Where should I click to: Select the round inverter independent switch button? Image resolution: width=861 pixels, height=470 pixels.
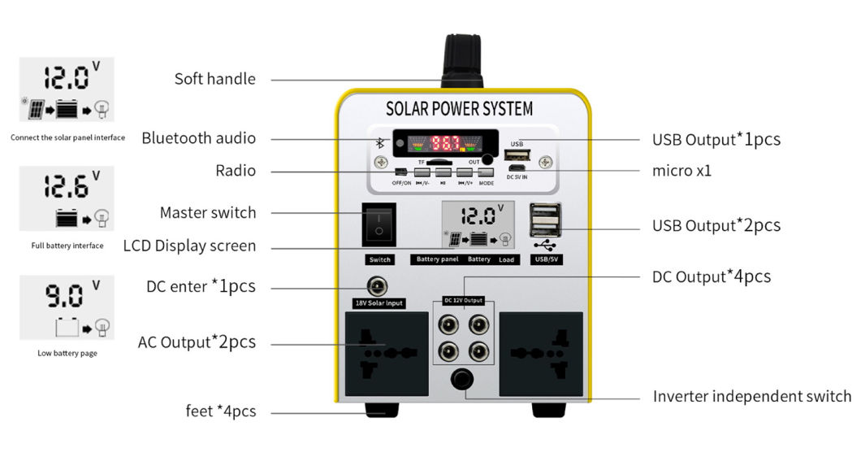[x=464, y=380]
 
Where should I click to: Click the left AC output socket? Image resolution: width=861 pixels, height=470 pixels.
[x=387, y=353]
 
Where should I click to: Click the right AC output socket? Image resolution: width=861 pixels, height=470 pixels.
[x=541, y=353]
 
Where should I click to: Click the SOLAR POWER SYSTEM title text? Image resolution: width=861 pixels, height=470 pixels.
[x=459, y=109]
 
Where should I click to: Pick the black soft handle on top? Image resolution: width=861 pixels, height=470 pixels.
[x=464, y=62]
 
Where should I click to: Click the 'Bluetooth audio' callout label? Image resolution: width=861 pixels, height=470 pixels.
[x=198, y=137]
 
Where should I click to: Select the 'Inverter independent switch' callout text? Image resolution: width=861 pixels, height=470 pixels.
[x=751, y=397]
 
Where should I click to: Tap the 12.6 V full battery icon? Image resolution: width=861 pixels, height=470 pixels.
[x=67, y=198]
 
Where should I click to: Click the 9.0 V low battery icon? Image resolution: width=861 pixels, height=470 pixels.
[x=67, y=307]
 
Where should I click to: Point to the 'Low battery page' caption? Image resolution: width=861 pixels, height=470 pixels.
[x=67, y=353]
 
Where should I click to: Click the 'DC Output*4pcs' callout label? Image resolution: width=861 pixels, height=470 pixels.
[x=711, y=276]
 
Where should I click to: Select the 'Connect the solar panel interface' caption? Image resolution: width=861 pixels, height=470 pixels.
[x=67, y=137]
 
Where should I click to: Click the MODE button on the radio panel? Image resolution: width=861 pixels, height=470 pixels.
[x=486, y=172]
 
